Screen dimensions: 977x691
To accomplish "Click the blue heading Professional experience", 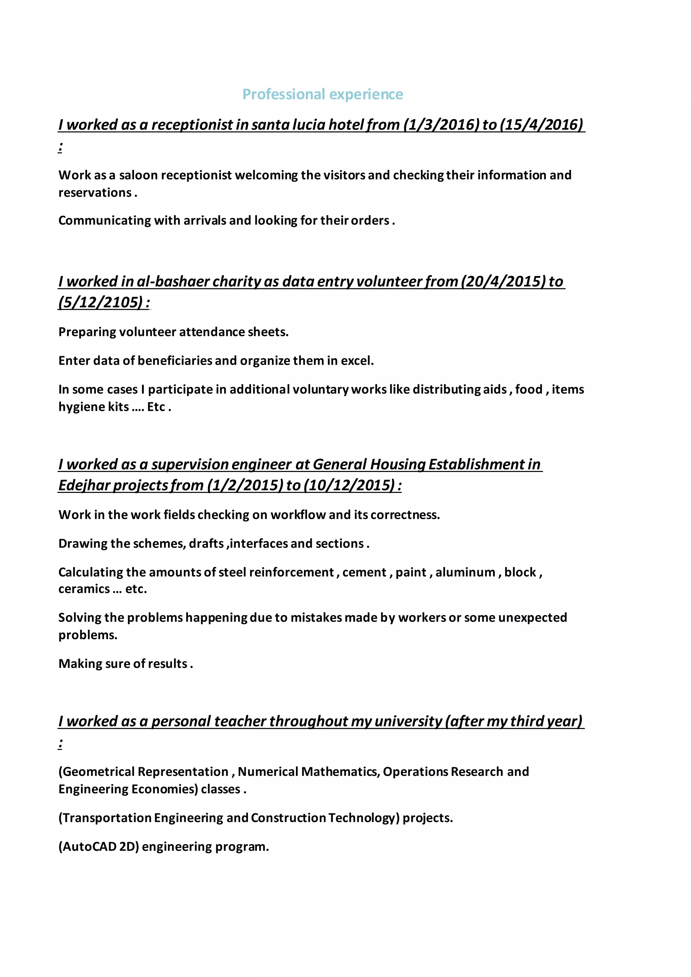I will click(323, 94).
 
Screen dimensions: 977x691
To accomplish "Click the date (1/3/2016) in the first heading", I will click(441, 125).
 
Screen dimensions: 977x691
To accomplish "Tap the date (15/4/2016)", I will click(542, 125).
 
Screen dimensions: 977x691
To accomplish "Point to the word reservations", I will click(95, 193).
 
